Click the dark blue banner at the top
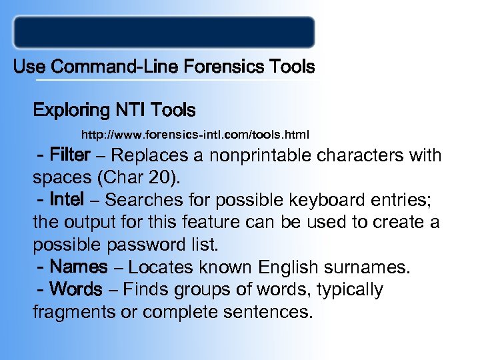(x=164, y=32)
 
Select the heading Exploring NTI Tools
(x=114, y=109)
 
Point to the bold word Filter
(x=70, y=155)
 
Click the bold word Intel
(x=67, y=199)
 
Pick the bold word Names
(x=78, y=267)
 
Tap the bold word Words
(x=77, y=290)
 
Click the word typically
(x=351, y=291)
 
